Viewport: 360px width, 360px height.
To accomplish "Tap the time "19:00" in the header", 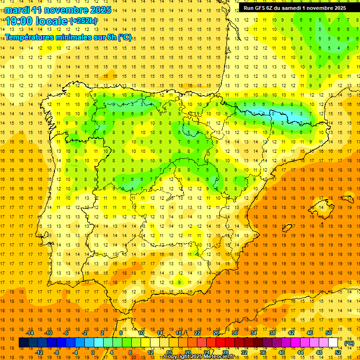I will [20, 21].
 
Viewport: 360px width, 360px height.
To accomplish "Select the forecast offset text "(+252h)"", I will [83, 21].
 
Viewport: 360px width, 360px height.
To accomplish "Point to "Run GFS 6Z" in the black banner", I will [259, 7].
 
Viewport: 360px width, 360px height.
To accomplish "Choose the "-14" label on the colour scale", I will [30, 333].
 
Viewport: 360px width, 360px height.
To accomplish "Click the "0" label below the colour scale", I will [93, 352].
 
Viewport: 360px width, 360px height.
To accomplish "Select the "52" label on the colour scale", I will [338, 352].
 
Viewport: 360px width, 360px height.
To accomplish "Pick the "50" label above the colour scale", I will [328, 333].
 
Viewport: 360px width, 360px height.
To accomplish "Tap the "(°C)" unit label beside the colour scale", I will [349, 343].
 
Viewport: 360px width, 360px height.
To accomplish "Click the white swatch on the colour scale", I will [333, 343].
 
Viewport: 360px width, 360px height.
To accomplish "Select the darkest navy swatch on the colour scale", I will [23, 343].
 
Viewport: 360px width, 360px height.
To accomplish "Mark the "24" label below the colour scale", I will [207, 352].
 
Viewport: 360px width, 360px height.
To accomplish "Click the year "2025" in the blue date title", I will [100, 10].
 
